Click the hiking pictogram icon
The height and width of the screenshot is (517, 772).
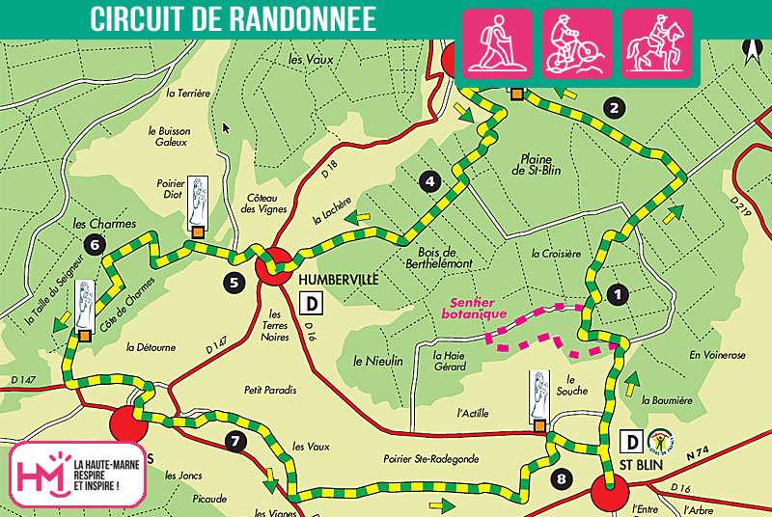pyautogui.click(x=498, y=43)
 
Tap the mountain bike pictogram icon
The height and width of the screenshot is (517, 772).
pyautogui.click(x=577, y=43)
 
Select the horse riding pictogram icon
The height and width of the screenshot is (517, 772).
pyautogui.click(x=656, y=43)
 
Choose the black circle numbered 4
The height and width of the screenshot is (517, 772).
pyautogui.click(x=431, y=179)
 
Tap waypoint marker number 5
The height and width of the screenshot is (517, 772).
pyautogui.click(x=234, y=283)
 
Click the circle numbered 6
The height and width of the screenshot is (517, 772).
pyautogui.click(x=93, y=244)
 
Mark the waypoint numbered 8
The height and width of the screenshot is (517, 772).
pyautogui.click(x=564, y=477)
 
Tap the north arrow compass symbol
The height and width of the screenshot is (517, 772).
pyautogui.click(x=750, y=45)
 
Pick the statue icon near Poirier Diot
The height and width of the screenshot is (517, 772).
pyautogui.click(x=197, y=201)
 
